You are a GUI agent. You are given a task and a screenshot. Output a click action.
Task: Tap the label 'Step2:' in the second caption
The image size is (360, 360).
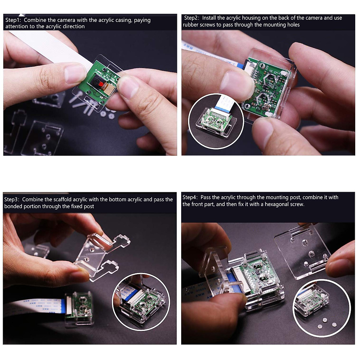192,18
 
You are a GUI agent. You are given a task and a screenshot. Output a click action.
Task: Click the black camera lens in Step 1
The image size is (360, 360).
97,80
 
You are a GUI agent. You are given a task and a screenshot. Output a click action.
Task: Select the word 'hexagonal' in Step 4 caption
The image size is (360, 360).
276,204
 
